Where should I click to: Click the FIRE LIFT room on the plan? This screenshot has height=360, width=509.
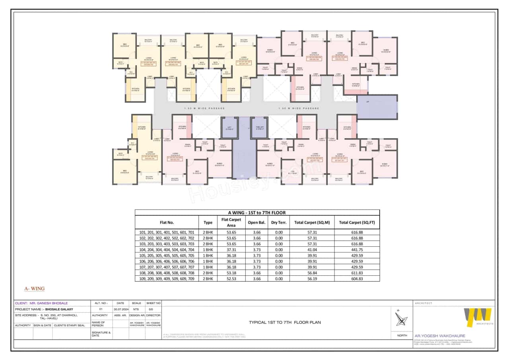click(x=259, y=128)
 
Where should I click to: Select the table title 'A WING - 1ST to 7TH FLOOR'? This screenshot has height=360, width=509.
click(x=257, y=213)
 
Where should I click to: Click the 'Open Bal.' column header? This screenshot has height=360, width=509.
click(x=256, y=223)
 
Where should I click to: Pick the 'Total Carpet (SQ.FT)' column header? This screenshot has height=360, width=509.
click(x=357, y=223)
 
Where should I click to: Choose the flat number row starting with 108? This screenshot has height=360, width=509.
click(x=167, y=273)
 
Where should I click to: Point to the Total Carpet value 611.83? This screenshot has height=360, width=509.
click(x=357, y=273)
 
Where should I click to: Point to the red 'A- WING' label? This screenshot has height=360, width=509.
click(x=35, y=288)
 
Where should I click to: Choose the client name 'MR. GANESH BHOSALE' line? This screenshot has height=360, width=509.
click(x=41, y=303)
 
